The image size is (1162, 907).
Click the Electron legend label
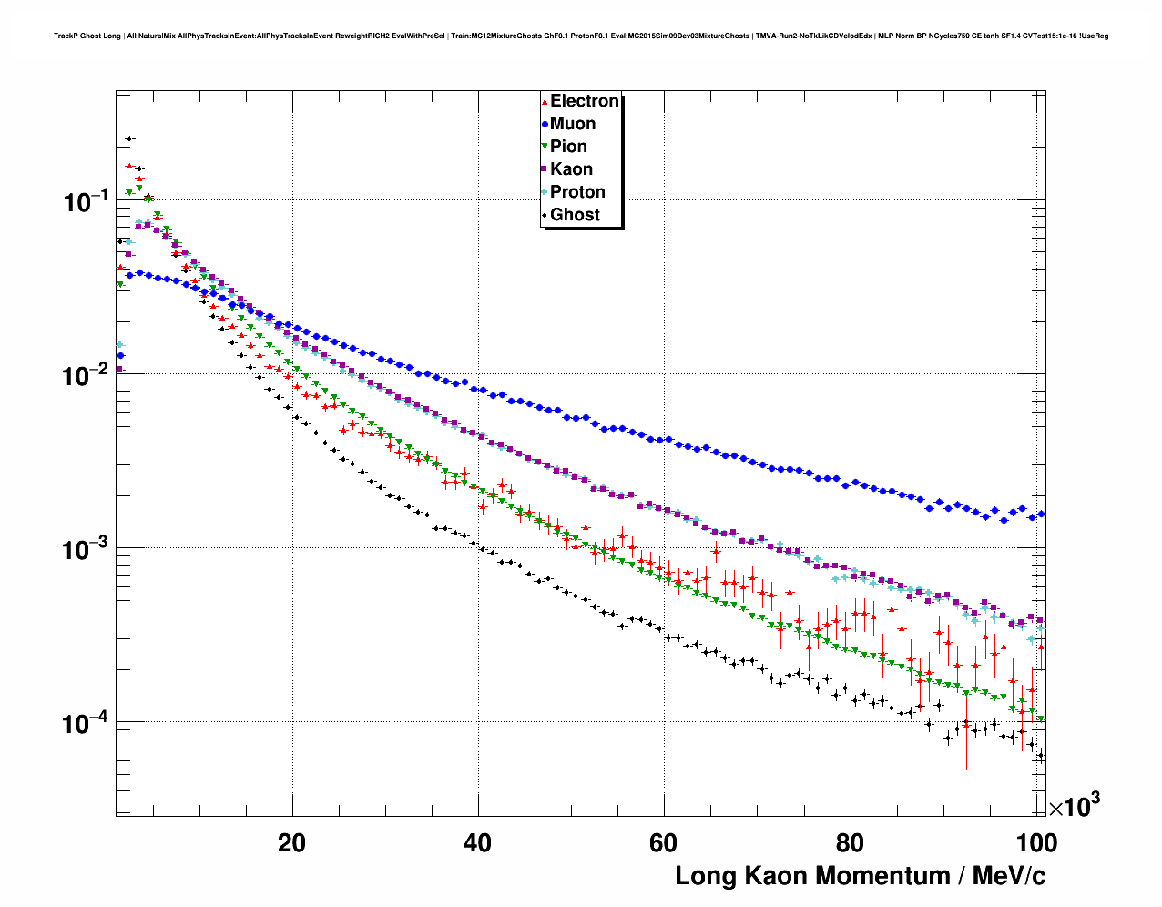(x=584, y=101)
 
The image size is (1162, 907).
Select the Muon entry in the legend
(x=573, y=124)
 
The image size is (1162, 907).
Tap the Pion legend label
(x=568, y=147)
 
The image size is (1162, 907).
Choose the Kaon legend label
(x=571, y=169)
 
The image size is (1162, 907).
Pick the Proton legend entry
(x=577, y=192)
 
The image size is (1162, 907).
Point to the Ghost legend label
(x=575, y=215)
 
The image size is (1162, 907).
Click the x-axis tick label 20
(x=292, y=843)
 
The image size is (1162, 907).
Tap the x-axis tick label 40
(x=478, y=843)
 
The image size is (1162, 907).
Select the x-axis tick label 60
(x=664, y=843)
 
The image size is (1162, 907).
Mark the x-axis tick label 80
(x=850, y=843)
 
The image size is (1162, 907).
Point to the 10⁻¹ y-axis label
(x=86, y=201)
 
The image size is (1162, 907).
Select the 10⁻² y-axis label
(x=86, y=375)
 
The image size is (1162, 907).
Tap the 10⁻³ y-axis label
(x=86, y=549)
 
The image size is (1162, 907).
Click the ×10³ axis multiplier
(x=1074, y=806)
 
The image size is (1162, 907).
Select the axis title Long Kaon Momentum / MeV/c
(x=860, y=876)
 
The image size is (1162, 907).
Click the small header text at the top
(x=581, y=36)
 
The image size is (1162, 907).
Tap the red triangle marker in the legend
(x=545, y=101)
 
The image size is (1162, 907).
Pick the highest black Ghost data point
(x=129, y=138)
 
